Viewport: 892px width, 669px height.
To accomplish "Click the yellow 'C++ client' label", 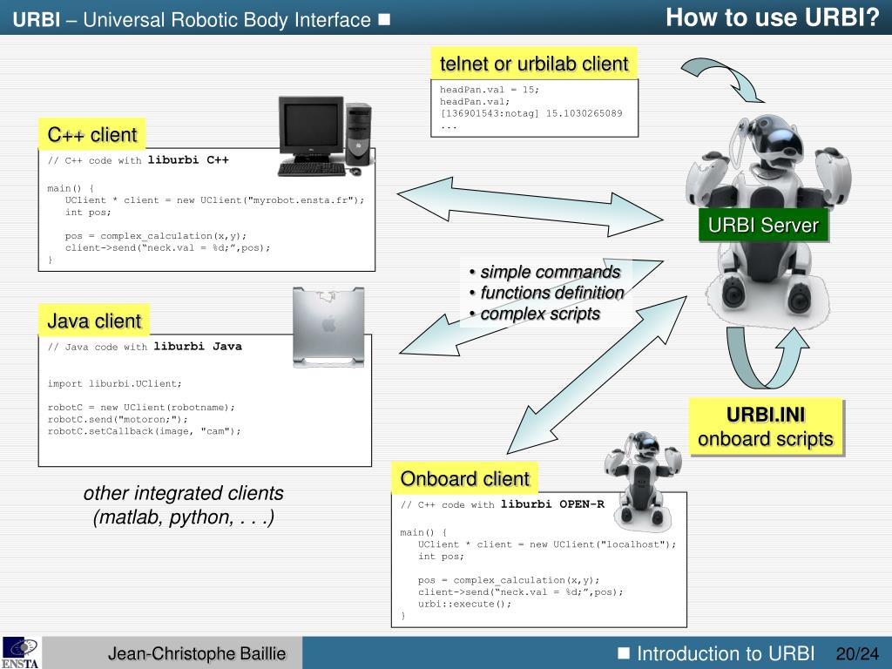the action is (91, 135).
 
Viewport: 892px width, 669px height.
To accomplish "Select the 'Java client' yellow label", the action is (94, 321).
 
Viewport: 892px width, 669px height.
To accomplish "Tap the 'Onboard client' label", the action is (464, 479).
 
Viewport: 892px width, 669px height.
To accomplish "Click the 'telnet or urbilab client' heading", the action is (533, 64).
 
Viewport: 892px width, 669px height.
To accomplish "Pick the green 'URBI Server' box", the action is (763, 226).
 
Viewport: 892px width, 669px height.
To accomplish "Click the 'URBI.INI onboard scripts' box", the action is (766, 427).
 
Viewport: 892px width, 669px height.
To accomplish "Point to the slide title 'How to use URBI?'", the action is (773, 17).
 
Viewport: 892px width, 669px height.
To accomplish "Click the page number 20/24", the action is (857, 654).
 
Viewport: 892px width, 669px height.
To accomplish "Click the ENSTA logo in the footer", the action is (20, 652).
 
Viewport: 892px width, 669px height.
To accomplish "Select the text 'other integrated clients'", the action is (183, 494).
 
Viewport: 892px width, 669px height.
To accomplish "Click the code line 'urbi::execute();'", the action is (465, 604).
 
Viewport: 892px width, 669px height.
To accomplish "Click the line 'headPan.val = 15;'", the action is (490, 90).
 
